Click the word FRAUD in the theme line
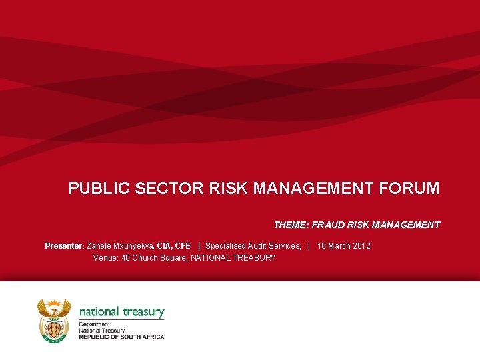(328, 225)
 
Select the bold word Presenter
(63, 246)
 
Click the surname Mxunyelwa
(135, 246)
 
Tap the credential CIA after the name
(164, 246)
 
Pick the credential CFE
(183, 246)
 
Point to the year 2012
(361, 246)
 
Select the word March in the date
(339, 246)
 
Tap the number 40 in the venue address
(125, 258)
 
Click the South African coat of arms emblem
(54, 320)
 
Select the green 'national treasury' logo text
(121, 312)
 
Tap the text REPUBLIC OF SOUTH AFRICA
(121, 337)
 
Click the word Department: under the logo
(95, 325)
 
